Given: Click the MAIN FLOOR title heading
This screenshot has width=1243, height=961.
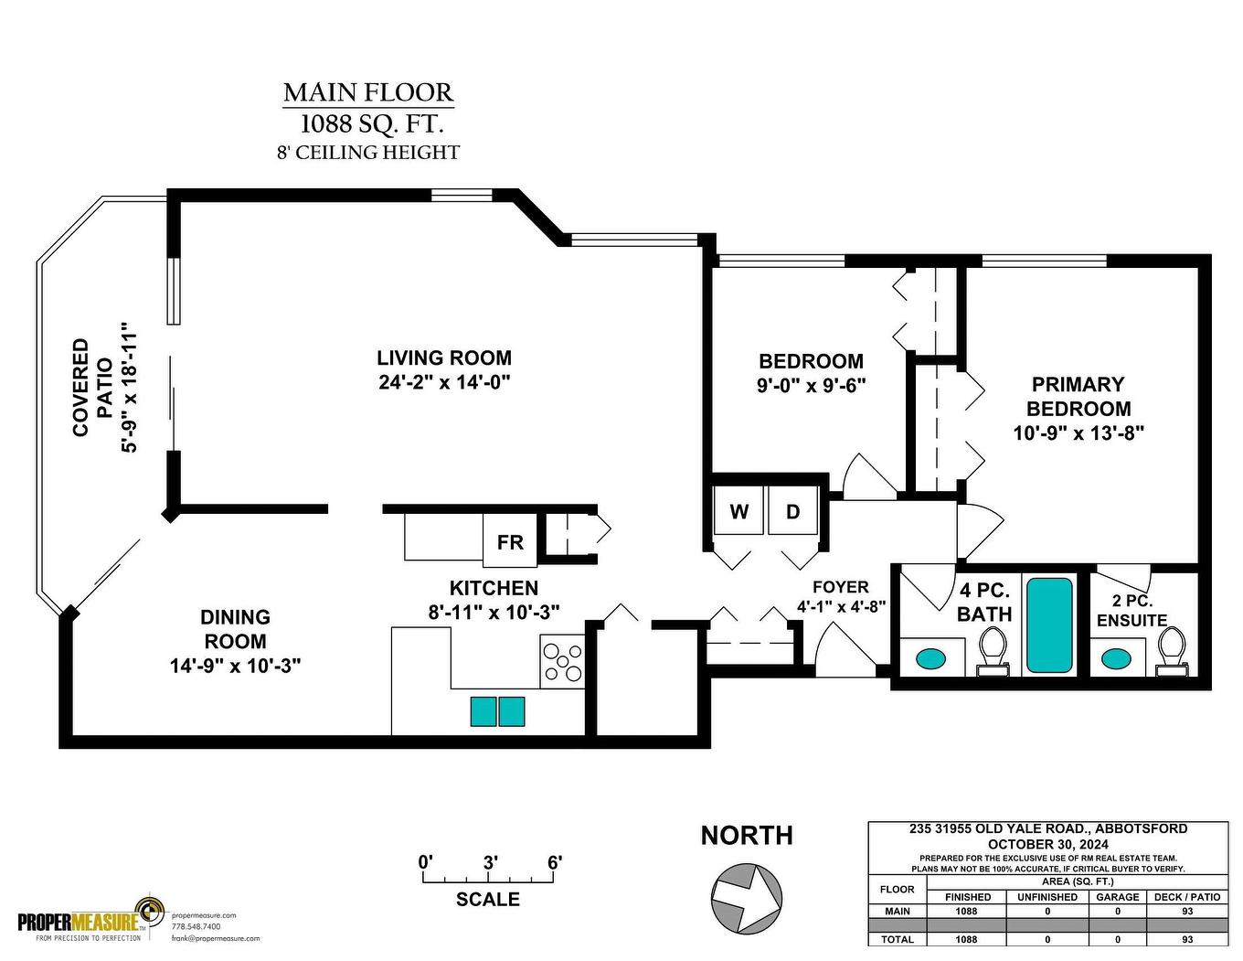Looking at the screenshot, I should pos(368,92).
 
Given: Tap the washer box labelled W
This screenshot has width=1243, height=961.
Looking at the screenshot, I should pos(738,511).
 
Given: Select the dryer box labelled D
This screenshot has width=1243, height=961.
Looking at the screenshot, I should pos(792,511).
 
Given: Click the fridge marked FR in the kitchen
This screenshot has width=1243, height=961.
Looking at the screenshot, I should pos(510,542).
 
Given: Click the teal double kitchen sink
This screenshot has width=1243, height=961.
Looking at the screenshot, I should pos(497,711).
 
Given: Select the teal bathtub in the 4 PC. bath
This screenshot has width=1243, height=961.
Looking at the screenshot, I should pos(1048,625).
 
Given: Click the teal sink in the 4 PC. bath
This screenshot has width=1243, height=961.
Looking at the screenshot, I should pos(931,657).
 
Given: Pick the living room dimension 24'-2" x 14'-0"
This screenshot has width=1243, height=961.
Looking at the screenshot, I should pos(444,382).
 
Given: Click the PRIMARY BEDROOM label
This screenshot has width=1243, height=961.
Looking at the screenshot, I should pos(1078,397).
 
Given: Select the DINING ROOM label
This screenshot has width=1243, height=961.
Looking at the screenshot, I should pos(235,629).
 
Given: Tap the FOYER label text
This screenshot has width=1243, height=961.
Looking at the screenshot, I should pos(840,587).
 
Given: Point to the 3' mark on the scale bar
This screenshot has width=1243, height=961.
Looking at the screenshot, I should pos(490,863).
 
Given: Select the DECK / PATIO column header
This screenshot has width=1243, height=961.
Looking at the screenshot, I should pos(1186,897).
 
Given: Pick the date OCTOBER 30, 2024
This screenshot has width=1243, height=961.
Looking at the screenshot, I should pos(1047,843).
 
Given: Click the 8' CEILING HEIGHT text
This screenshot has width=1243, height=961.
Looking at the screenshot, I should pos(368,153).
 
